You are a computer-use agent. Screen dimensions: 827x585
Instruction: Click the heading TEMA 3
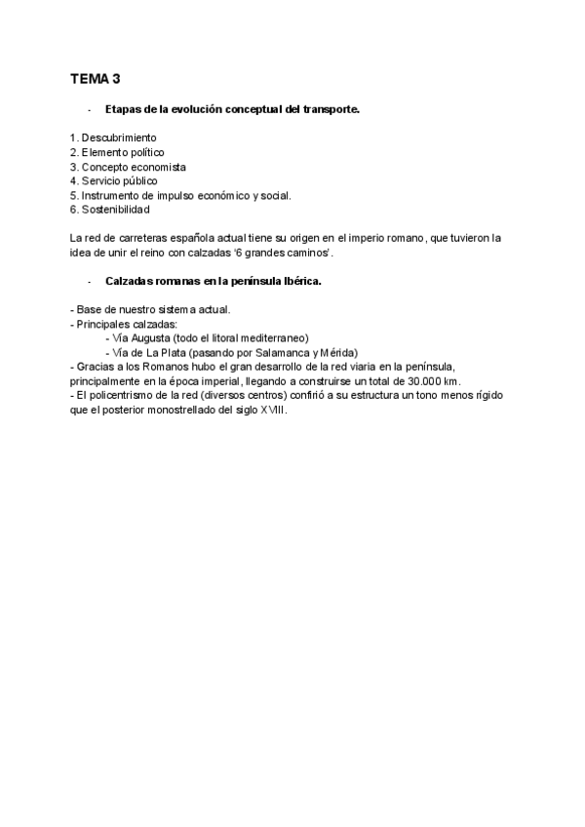pos(95,78)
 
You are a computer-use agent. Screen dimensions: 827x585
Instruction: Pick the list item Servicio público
pos(120,180)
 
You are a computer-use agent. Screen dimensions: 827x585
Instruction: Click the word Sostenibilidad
pos(117,209)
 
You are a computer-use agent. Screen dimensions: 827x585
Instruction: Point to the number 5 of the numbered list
pos(74,195)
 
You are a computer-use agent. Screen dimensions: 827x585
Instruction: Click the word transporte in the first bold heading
pos(330,109)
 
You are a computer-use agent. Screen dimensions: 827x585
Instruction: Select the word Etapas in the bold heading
pos(123,109)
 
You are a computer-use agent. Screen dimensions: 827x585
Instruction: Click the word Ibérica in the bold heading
pos(298,281)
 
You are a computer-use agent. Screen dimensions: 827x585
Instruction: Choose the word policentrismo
pos(118,394)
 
